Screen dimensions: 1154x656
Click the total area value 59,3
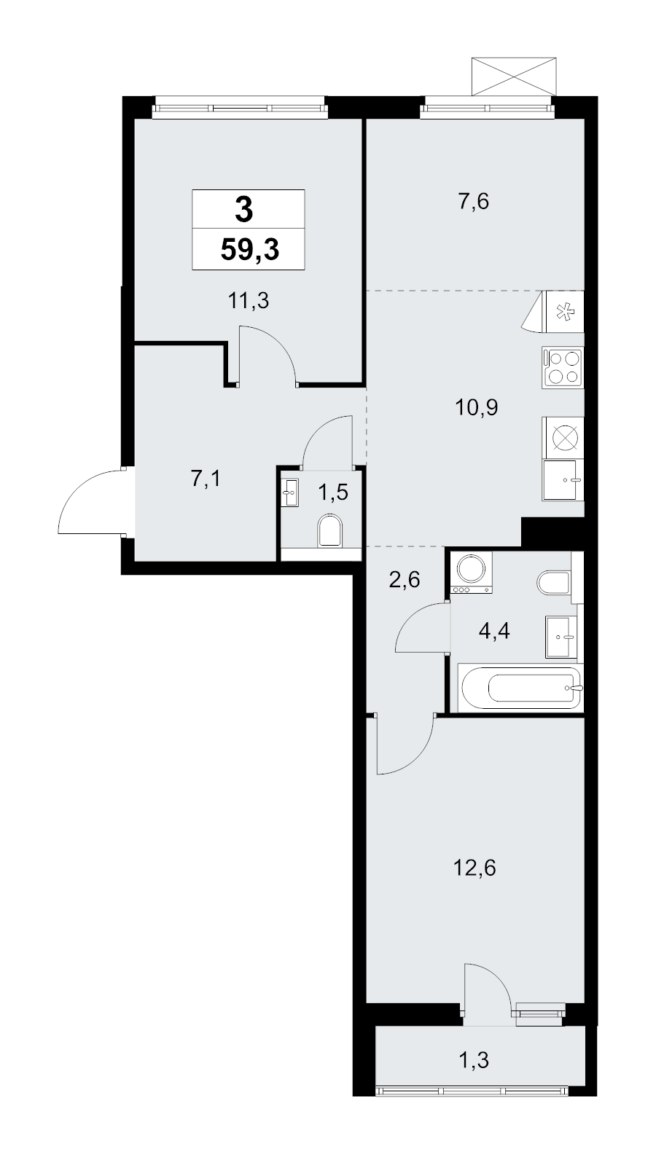pos(249,250)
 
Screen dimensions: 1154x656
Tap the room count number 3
pos(245,210)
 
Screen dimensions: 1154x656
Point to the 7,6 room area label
pos(473,202)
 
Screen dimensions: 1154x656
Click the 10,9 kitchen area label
pos(476,407)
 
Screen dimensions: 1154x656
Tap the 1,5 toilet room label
pos(332,492)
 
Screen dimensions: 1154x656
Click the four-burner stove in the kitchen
pos(563,367)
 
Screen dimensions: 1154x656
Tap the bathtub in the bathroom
pos(519,687)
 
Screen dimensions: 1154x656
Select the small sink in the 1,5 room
pos(291,493)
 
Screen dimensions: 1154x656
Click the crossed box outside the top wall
pos(515,76)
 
